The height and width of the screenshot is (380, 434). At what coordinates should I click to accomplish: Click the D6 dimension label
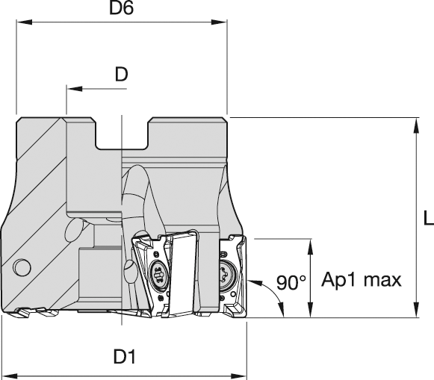121,7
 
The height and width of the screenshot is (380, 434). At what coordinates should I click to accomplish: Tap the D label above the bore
122,74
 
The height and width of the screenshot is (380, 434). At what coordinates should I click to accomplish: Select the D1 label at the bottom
125,357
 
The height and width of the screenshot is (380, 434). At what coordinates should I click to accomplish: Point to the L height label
429,217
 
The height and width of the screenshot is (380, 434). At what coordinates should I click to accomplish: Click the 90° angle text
291,282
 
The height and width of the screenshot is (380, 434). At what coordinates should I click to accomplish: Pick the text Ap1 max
362,280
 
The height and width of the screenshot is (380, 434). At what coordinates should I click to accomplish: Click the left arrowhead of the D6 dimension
25,22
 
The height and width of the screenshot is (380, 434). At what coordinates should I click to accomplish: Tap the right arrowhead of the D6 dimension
219,22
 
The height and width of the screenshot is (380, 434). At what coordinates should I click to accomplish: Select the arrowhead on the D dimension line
74,89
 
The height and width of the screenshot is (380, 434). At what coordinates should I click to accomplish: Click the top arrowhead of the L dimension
415,125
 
